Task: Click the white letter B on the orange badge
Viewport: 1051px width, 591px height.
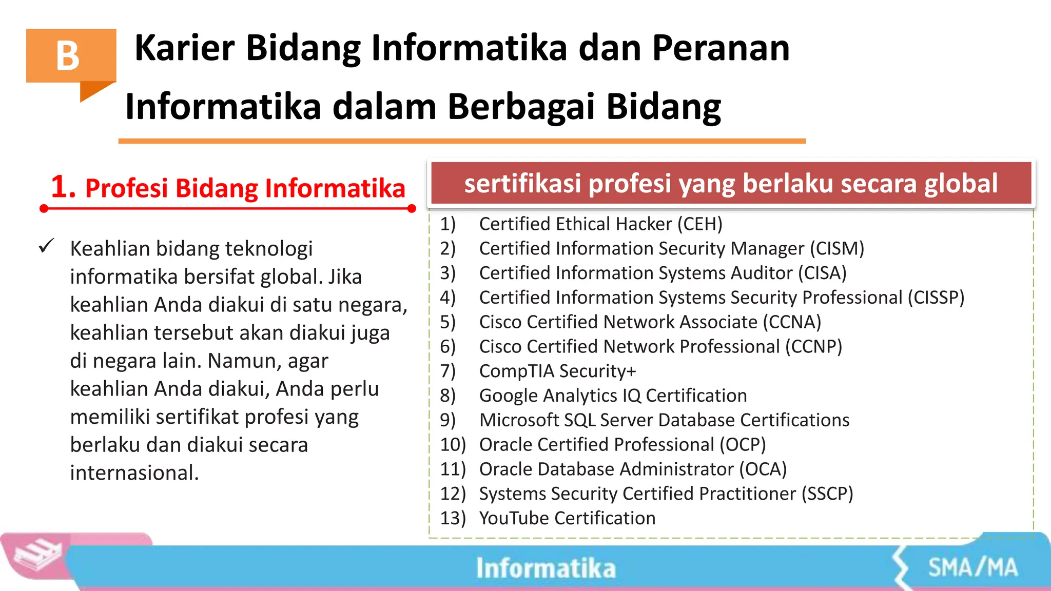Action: tap(68, 56)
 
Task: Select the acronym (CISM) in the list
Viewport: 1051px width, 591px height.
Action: tap(837, 249)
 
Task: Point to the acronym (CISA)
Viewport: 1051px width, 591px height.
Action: tap(822, 273)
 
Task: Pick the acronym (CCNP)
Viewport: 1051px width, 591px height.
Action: tap(814, 347)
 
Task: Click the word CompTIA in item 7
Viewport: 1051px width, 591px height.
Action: tap(516, 371)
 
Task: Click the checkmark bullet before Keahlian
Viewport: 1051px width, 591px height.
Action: tap(46, 246)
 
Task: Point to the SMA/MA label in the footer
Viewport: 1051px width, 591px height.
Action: tap(972, 568)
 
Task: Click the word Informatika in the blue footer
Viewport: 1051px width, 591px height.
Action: tap(546, 568)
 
